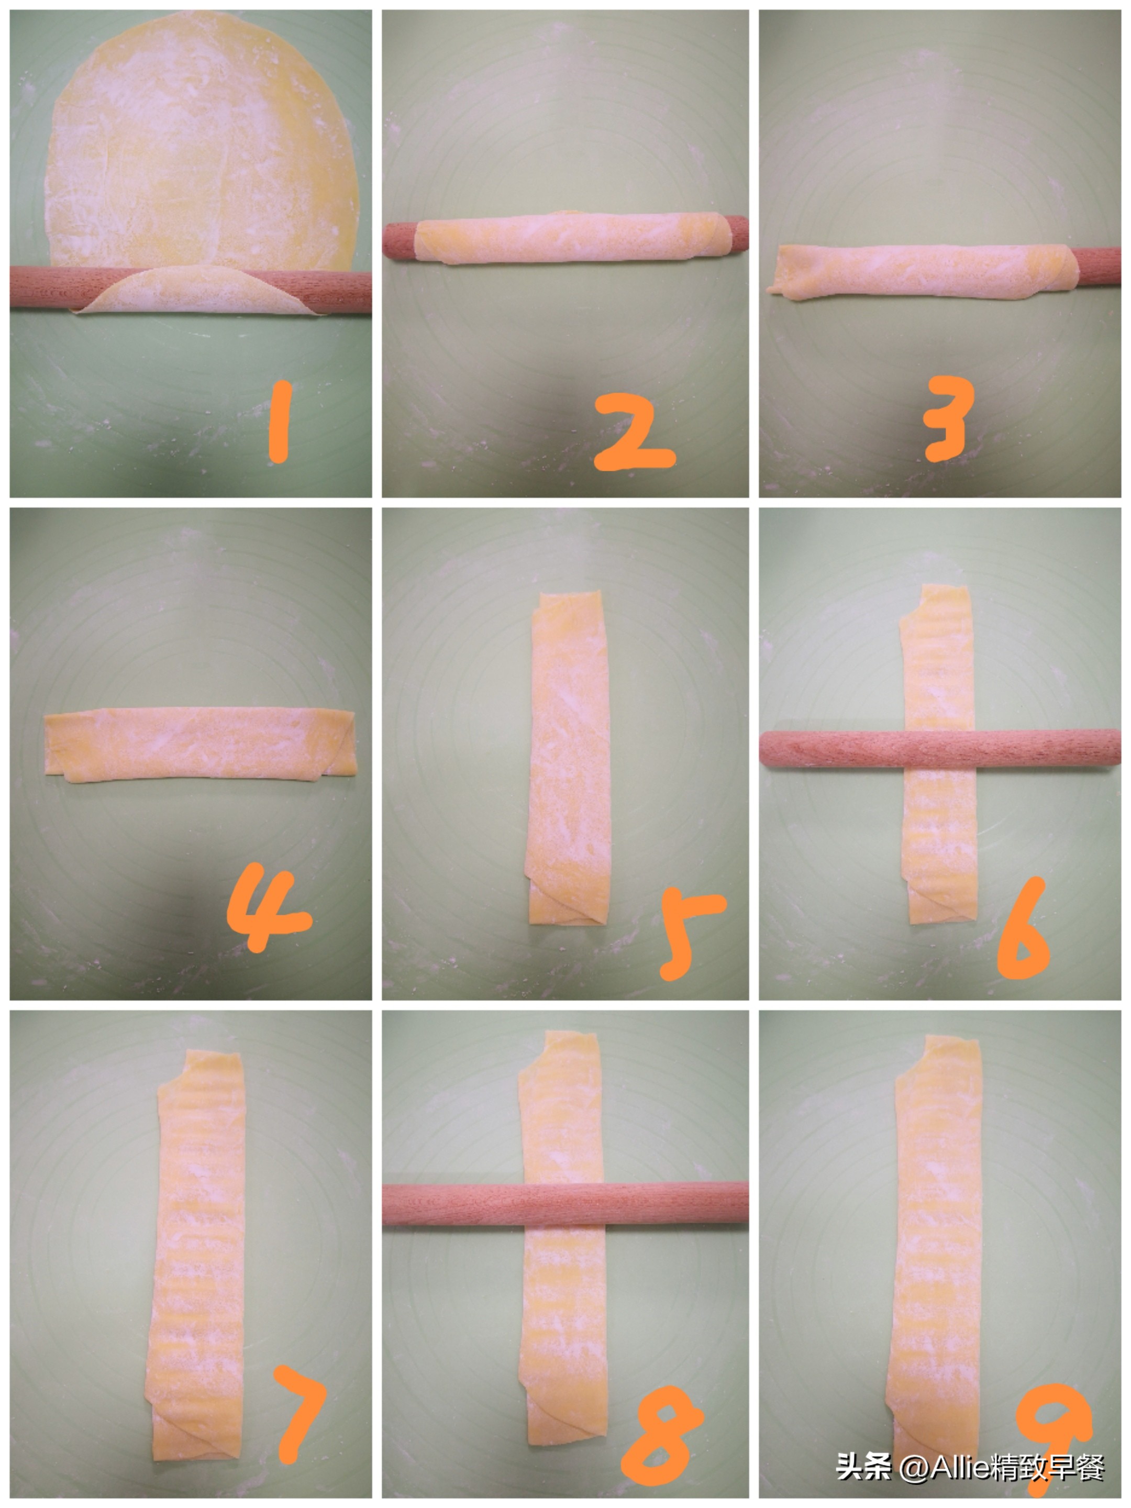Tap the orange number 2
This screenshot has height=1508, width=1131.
click(634, 434)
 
